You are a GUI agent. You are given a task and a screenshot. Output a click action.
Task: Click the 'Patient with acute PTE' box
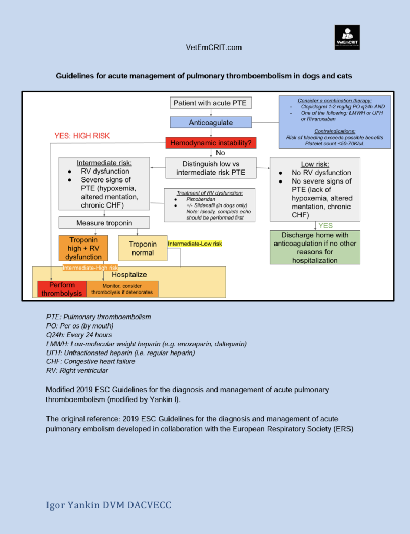(210, 103)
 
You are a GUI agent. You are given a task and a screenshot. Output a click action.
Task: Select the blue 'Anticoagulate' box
(210, 123)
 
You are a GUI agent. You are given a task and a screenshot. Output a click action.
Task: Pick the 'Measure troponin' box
(104, 223)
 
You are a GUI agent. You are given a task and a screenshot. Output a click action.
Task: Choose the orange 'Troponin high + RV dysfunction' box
(84, 248)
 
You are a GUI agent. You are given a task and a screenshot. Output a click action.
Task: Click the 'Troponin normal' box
(143, 248)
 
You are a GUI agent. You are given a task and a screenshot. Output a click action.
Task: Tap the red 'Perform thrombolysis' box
(62, 289)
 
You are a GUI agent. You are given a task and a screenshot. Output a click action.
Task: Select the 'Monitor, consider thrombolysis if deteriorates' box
(122, 289)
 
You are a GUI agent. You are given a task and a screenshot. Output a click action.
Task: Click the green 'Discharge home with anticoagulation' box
(315, 247)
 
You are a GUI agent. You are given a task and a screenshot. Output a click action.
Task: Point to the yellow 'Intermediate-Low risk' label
(195, 244)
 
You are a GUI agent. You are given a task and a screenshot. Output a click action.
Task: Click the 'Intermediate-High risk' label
(90, 268)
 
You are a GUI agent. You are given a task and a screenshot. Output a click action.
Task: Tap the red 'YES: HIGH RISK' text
(82, 136)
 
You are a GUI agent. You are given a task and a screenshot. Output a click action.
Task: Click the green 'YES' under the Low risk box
(325, 226)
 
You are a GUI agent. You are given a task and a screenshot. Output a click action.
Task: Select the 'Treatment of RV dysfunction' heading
(210, 193)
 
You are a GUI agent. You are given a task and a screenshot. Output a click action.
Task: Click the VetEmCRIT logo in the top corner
(347, 37)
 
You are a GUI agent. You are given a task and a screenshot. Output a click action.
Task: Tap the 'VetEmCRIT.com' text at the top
(214, 47)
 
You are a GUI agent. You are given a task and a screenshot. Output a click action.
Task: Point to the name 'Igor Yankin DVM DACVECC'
(108, 505)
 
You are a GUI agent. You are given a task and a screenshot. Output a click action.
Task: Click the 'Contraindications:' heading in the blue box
(334, 131)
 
